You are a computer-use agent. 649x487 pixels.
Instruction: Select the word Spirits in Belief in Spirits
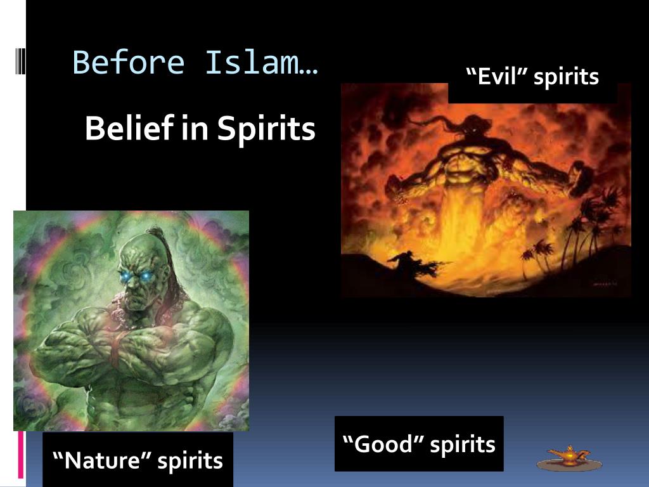tap(266, 129)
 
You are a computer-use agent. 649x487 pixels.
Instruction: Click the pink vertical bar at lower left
tap(21, 453)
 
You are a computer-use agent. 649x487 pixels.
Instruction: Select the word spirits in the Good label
tap(462, 444)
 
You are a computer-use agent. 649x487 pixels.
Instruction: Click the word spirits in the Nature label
tap(190, 460)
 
